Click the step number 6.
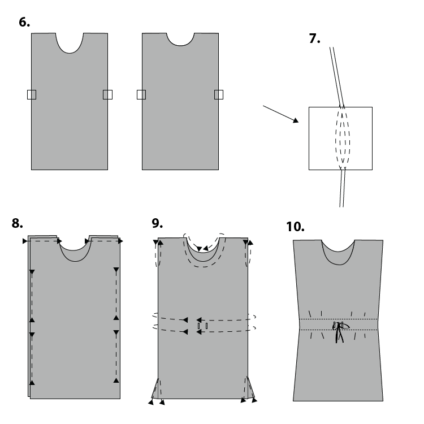24,23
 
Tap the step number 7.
315,39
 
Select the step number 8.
17,223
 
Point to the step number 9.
157,223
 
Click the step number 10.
295,227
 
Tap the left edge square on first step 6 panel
32,94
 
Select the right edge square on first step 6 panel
107,94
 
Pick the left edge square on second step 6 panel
141,94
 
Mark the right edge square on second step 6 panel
218,94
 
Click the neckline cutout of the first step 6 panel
70,42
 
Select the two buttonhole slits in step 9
202,326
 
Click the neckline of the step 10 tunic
338,252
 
